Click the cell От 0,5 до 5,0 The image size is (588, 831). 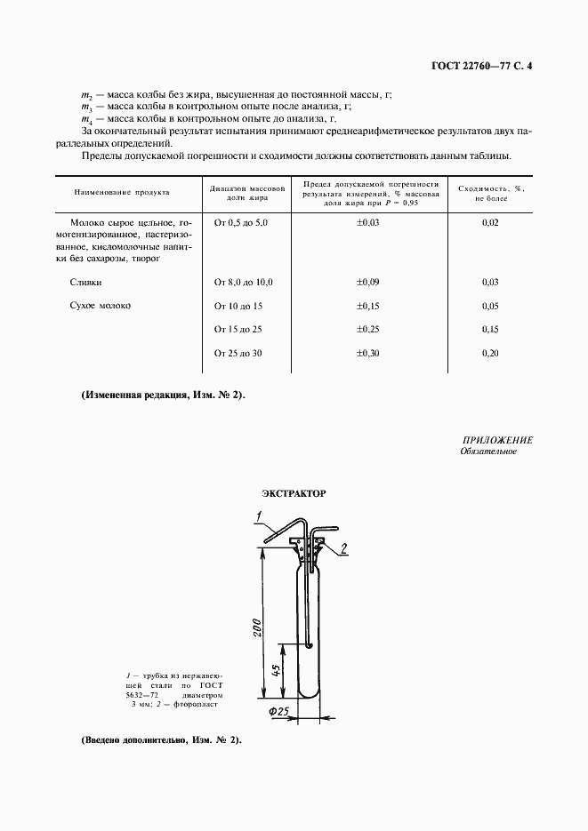click(x=241, y=221)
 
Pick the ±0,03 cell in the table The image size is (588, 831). click(x=368, y=221)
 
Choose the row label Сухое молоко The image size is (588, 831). click(x=100, y=306)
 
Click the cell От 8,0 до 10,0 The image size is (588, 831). click(x=244, y=282)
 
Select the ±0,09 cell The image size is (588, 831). click(x=368, y=282)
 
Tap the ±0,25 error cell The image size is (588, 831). click(x=368, y=330)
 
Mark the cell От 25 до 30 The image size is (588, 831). click(x=239, y=354)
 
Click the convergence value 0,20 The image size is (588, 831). click(x=490, y=354)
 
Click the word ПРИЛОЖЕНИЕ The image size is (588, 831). click(x=497, y=440)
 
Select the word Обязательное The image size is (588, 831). click(x=488, y=451)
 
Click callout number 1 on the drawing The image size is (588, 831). click(x=255, y=516)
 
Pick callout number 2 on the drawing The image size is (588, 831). click(x=342, y=547)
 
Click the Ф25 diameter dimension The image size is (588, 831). click(x=279, y=712)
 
